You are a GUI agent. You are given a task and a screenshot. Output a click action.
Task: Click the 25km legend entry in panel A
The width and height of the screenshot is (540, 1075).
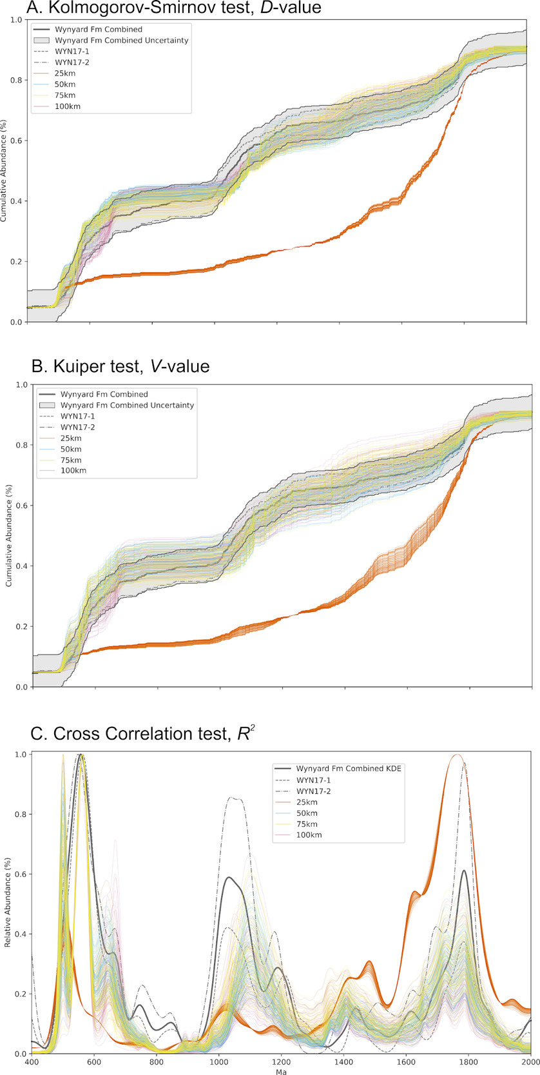click(x=65, y=74)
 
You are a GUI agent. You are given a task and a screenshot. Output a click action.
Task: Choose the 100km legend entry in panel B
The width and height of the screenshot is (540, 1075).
click(x=73, y=471)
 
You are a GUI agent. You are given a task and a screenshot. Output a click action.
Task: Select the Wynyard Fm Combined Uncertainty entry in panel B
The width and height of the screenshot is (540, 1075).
click(x=127, y=405)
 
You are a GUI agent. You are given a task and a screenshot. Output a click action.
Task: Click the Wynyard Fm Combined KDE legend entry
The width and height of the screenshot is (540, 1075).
click(x=349, y=769)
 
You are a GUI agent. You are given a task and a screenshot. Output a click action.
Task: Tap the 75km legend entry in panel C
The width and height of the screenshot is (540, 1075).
click(x=309, y=824)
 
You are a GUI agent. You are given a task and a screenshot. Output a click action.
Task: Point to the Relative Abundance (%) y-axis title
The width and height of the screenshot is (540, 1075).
click(x=7, y=903)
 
